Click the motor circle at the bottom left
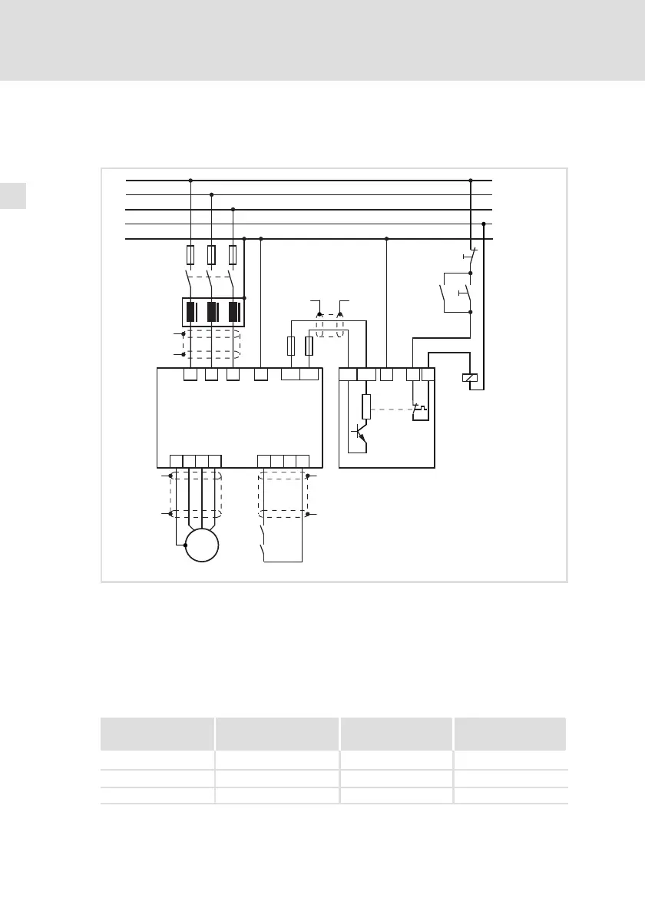coord(202,545)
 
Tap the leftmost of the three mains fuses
coord(190,254)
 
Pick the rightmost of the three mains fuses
coord(233,254)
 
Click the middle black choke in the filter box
coord(211,312)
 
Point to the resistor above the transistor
coord(366,405)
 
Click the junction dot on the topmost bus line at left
coord(190,181)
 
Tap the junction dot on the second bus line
coord(211,195)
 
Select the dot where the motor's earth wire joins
coord(185,545)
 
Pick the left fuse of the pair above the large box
coord(291,346)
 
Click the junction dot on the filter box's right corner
coord(244,297)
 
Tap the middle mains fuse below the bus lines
coord(211,254)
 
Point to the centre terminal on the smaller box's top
coord(386,375)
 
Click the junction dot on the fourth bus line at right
coord(483,224)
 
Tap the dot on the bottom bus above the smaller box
coord(386,239)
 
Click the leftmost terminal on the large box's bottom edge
coord(177,461)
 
